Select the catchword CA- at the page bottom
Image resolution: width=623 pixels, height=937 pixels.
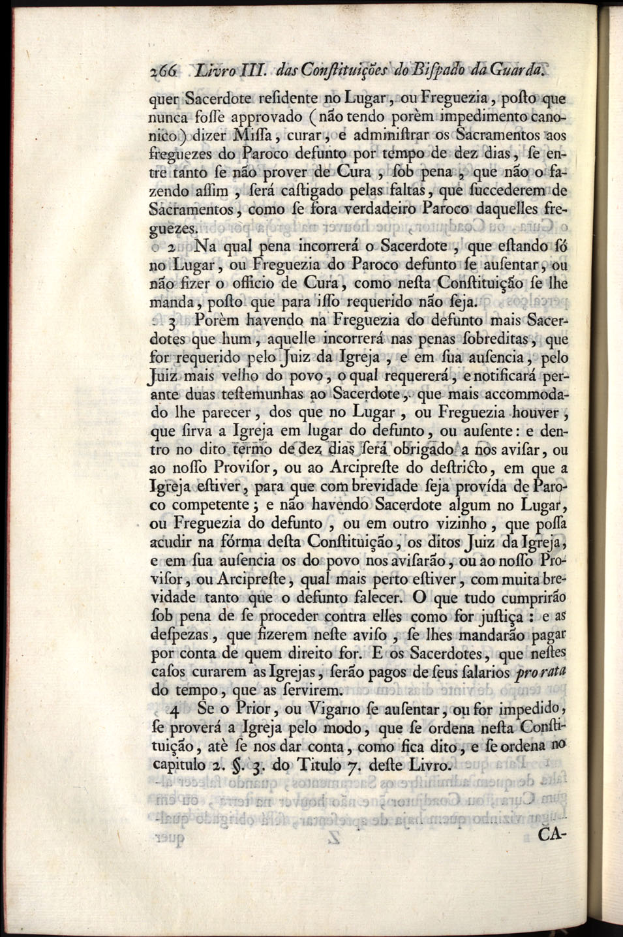click(x=553, y=837)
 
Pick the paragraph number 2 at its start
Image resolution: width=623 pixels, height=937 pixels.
click(x=170, y=247)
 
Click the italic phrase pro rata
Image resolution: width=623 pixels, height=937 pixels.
click(x=541, y=672)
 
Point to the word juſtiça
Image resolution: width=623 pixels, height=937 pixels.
click(x=494, y=617)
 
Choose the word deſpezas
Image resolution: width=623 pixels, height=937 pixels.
click(x=185, y=635)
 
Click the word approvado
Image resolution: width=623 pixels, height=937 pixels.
click(x=265, y=119)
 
